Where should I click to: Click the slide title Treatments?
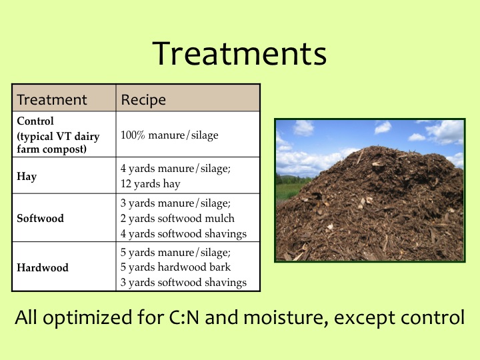click(x=239, y=53)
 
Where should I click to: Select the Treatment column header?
click(x=52, y=100)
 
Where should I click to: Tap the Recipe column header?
click(x=143, y=100)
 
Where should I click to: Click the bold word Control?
click(x=35, y=121)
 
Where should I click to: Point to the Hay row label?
click(x=27, y=176)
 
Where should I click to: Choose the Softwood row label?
click(x=41, y=218)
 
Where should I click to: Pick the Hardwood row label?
click(x=43, y=267)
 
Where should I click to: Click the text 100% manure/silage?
click(x=169, y=135)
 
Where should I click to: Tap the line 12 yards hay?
click(x=150, y=184)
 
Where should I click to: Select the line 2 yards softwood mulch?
click(x=177, y=218)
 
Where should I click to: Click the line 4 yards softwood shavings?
click(x=183, y=233)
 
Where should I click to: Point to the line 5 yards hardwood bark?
click(x=175, y=267)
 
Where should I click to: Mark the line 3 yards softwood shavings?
click(x=183, y=282)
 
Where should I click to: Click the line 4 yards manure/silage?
click(x=175, y=169)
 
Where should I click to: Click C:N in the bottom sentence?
click(x=184, y=317)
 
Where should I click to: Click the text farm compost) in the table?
click(x=52, y=149)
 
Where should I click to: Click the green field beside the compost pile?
click(x=287, y=191)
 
